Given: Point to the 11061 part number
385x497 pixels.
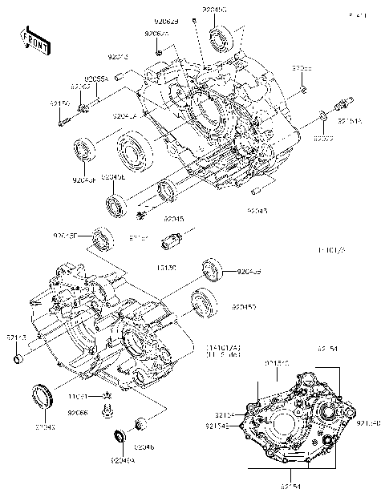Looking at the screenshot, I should (x=77, y=396).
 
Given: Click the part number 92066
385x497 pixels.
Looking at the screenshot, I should (x=77, y=412).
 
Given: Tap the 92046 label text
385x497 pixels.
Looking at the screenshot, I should (x=145, y=446).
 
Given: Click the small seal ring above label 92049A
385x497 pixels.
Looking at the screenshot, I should (x=121, y=436).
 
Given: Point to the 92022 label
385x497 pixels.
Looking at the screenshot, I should (x=323, y=139).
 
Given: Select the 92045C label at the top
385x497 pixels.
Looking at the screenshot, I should (x=214, y=9).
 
